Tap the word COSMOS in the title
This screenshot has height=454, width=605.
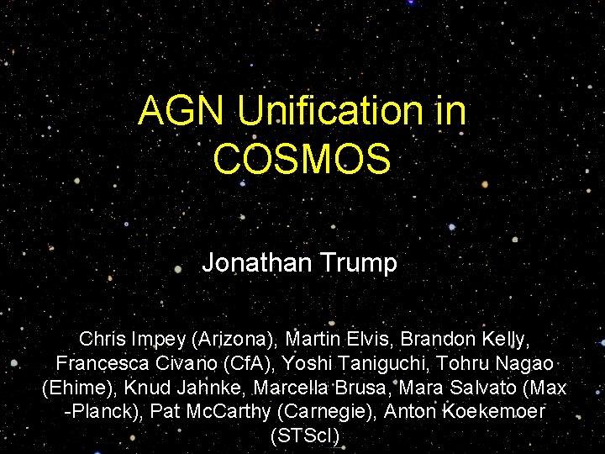point(302,159)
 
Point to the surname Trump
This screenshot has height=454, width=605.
point(362,263)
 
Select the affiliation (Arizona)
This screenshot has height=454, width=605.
point(232,339)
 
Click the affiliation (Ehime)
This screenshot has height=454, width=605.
point(80,388)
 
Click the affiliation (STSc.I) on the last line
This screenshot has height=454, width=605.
point(305,437)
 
